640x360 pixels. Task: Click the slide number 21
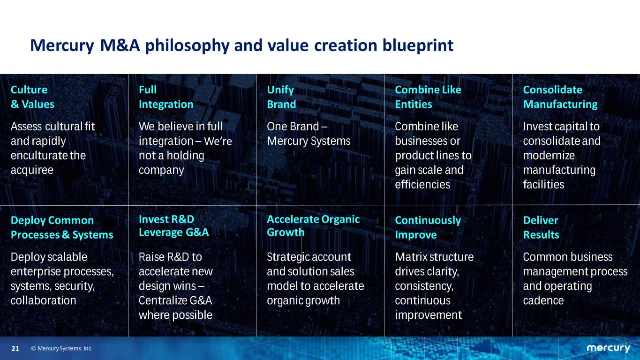pos(15,349)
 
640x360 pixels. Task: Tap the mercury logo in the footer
pos(608,348)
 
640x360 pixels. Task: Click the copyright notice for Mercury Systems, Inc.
pos(62,349)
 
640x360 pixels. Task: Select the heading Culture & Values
pos(32,97)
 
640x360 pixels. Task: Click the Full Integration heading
pos(166,97)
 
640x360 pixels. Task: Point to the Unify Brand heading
pos(281,97)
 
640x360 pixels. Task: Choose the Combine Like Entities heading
pos(428,97)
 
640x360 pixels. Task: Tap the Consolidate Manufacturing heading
pos(560,97)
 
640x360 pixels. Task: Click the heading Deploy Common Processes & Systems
pos(62,227)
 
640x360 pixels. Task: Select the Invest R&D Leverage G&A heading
pos(173,226)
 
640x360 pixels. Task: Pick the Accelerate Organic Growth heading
pos(313,226)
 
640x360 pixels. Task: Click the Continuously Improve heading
pos(428,227)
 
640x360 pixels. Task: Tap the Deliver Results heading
pos(541,227)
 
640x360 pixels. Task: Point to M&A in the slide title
pos(120,46)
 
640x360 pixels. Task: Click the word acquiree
pos(32,170)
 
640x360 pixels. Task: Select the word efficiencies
pos(422,185)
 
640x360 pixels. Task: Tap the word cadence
pos(543,300)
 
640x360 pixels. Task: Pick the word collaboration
pos(44,300)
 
